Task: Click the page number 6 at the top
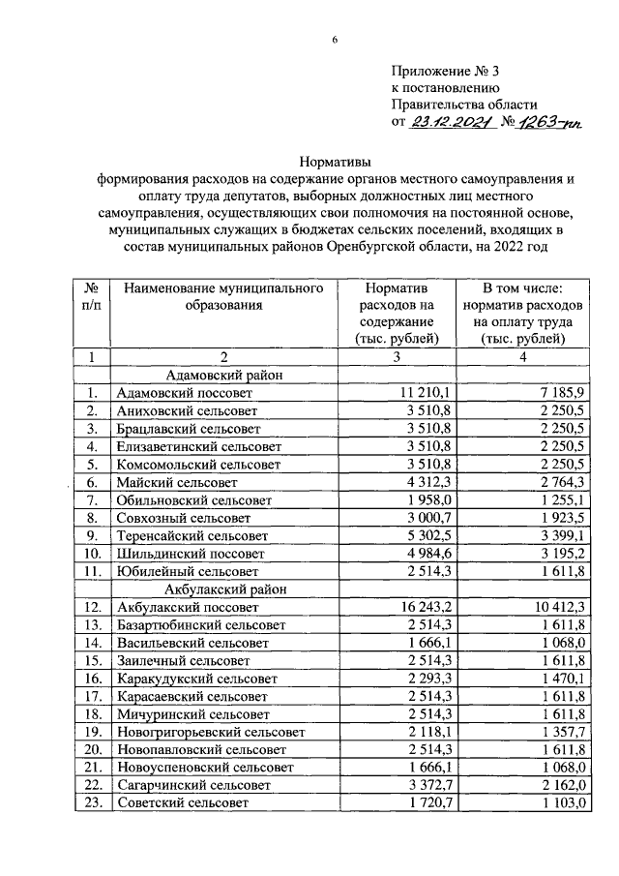coord(335,38)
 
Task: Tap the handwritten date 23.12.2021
coord(452,123)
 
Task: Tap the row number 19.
coord(92,732)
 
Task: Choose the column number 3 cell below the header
coord(397,356)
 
